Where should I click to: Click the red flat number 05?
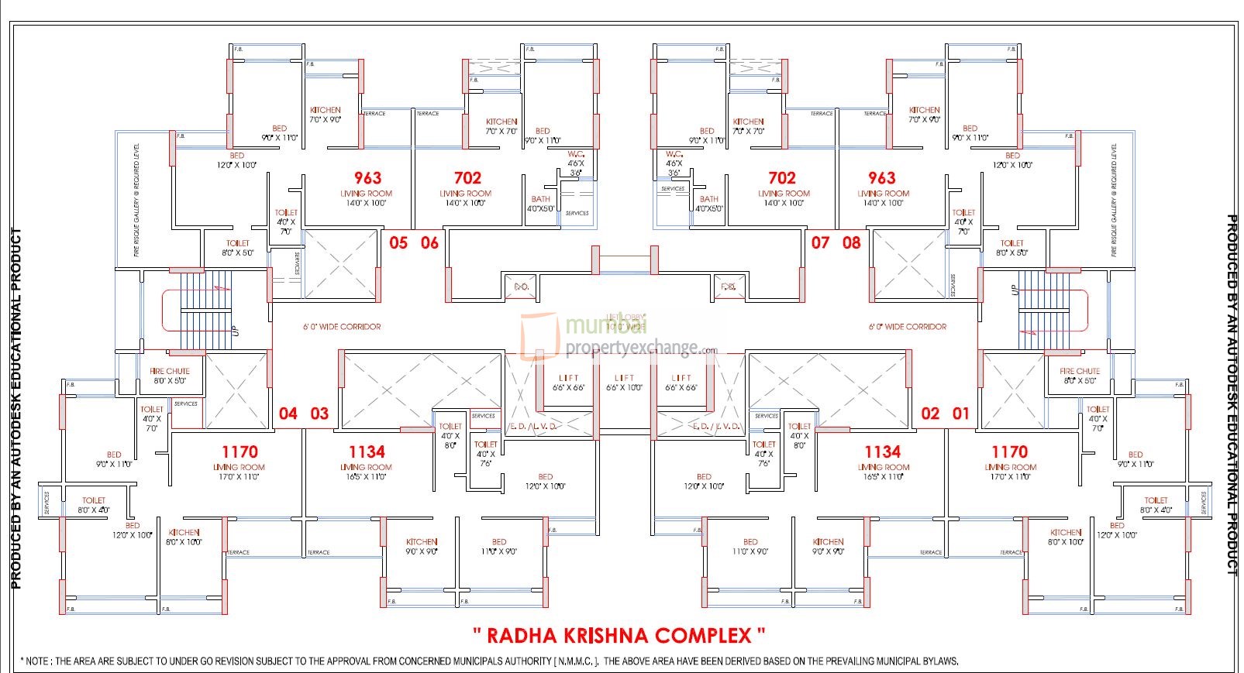(x=398, y=243)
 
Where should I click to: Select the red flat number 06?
(x=429, y=243)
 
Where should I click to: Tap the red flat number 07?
(x=820, y=243)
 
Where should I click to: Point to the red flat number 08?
(x=852, y=243)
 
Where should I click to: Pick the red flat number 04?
(x=288, y=414)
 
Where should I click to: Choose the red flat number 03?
(x=319, y=414)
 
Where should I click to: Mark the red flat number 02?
(x=930, y=414)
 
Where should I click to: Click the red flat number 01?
(x=961, y=414)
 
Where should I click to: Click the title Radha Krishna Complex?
(x=619, y=636)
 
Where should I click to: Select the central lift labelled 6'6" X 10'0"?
(x=624, y=383)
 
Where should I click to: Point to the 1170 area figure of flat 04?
(x=239, y=452)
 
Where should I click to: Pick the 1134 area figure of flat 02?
(x=883, y=452)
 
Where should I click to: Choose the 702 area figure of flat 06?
(x=467, y=178)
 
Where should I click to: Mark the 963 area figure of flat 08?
(x=882, y=178)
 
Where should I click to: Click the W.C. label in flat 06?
(x=575, y=154)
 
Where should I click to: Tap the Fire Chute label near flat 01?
(x=1079, y=371)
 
